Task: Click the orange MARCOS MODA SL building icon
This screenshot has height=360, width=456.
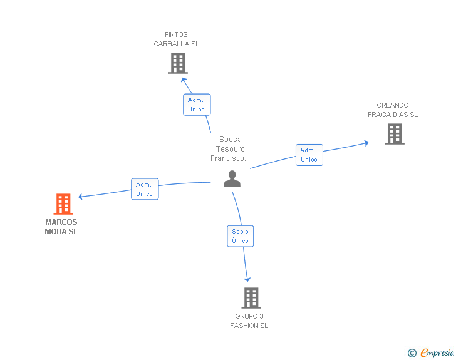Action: point(63,204)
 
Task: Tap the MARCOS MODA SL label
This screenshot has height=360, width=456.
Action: point(61,227)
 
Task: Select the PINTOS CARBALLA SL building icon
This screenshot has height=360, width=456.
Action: point(178,63)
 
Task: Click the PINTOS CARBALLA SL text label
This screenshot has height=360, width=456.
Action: point(177,39)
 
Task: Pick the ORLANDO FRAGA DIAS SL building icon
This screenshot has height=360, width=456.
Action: point(394,134)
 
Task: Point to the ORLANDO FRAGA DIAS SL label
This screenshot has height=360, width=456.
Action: point(393,110)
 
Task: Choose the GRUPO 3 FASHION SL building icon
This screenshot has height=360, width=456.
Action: point(251,298)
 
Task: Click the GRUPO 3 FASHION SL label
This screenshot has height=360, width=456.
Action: point(249,321)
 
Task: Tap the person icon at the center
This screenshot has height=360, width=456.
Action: point(232,179)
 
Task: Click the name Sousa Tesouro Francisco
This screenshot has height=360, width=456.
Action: point(231,149)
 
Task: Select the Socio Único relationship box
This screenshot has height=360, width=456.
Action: point(240,236)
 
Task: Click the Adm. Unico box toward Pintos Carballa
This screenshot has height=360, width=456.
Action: point(197,105)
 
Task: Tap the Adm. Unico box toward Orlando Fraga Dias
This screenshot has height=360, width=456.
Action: point(309,155)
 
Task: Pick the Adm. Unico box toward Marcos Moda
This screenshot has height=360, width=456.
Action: point(145,189)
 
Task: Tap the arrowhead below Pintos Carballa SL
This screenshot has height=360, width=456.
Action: point(184,80)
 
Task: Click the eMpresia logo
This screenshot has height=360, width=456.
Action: point(437,353)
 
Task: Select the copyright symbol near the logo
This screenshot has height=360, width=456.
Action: point(412,353)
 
